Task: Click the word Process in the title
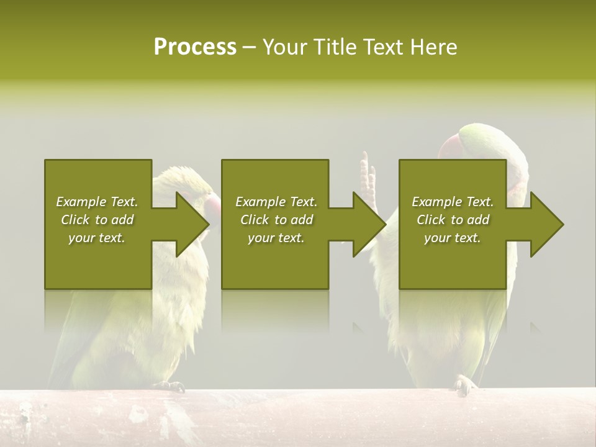pyautogui.click(x=195, y=47)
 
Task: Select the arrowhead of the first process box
pyautogui.click(x=192, y=224)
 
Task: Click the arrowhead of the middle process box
pyautogui.click(x=369, y=224)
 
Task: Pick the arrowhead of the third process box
pyautogui.click(x=547, y=224)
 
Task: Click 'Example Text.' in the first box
pyautogui.click(x=97, y=202)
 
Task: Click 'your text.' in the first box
pyautogui.click(x=97, y=238)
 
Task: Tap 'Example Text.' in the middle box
pyautogui.click(x=276, y=202)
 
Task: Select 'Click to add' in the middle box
pyautogui.click(x=276, y=220)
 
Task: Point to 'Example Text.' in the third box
pyautogui.click(x=453, y=202)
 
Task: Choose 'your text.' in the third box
pyautogui.click(x=453, y=238)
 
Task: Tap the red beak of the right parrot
pyautogui.click(x=448, y=148)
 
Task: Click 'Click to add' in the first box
pyautogui.click(x=97, y=220)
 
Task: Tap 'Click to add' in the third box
pyautogui.click(x=453, y=220)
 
